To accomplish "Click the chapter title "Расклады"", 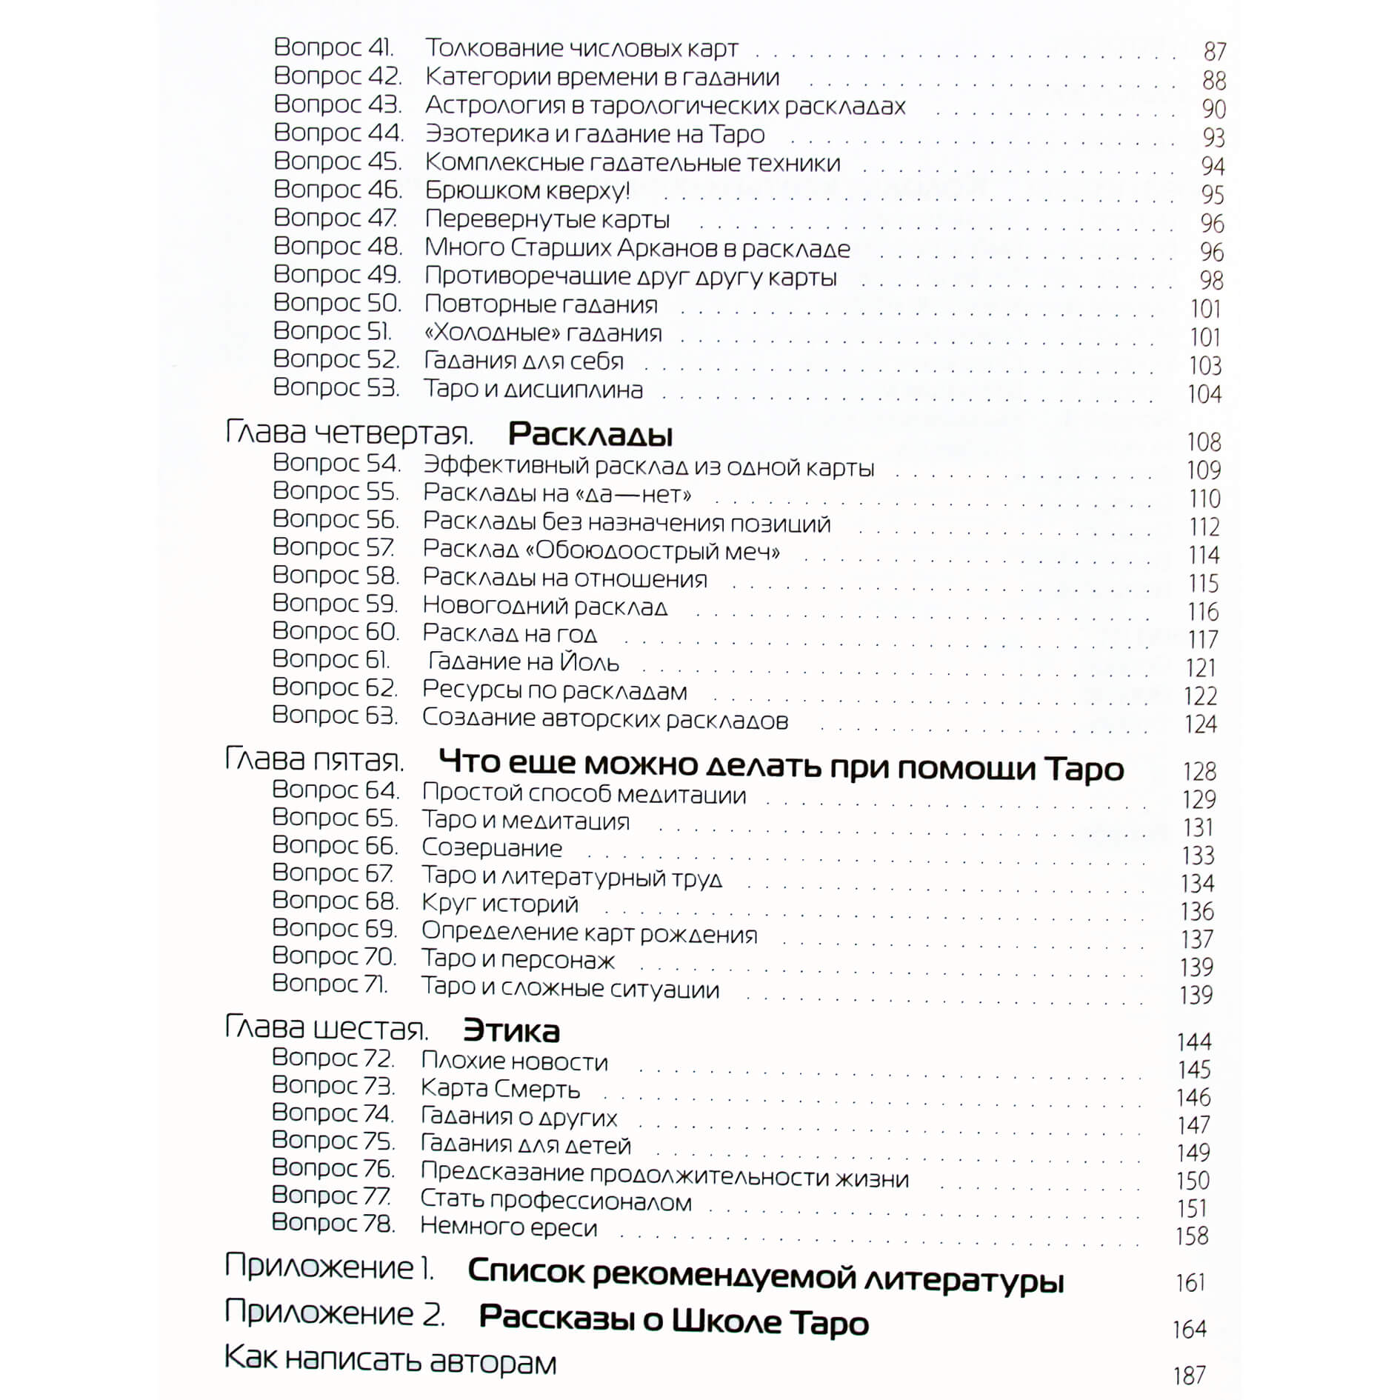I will [x=590, y=435].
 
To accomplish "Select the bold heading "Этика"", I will [x=511, y=1030].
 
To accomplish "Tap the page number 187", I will [x=1189, y=1376].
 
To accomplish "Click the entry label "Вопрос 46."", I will [x=338, y=190].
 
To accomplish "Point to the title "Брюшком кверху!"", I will [x=527, y=191].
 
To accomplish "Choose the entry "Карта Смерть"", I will [x=500, y=1088].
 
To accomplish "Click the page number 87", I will [x=1214, y=51].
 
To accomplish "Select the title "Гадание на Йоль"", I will [x=523, y=661].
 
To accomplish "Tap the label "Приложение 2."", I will [x=335, y=1313].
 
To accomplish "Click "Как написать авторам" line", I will [x=390, y=1361].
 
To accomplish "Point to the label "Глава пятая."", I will [x=315, y=761].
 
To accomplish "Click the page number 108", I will [x=1203, y=442].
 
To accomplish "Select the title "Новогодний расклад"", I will [x=544, y=607].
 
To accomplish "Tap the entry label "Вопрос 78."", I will [x=333, y=1223].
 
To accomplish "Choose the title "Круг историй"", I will [x=500, y=904].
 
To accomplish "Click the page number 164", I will [x=1189, y=1330].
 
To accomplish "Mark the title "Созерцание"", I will [x=492, y=847].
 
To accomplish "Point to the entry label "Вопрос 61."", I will [x=330, y=659].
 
